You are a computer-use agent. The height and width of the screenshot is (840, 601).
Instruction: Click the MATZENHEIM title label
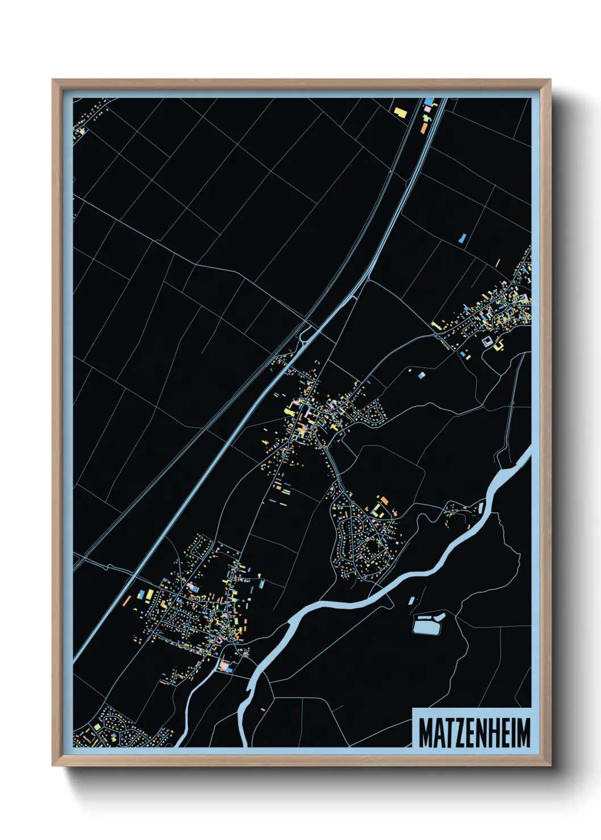pos(474,733)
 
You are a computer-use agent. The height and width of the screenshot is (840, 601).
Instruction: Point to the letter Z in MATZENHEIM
pos(457,733)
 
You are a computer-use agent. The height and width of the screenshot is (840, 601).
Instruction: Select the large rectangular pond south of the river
pos(427,625)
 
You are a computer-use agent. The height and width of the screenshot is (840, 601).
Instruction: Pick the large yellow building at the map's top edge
pos(401,112)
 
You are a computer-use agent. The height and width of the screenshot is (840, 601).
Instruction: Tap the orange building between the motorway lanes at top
pos(424,128)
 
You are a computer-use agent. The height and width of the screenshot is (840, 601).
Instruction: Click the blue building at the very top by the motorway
pos(429,102)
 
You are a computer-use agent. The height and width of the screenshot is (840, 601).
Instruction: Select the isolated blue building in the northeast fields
pos(462,238)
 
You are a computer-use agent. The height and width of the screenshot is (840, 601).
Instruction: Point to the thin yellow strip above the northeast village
pos(498,263)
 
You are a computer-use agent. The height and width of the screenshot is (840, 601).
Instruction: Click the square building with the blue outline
pos(487,342)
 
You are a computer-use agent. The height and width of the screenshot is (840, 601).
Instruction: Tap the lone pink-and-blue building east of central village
pos(421,375)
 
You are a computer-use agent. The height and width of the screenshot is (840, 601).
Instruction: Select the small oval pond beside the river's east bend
pos(481,507)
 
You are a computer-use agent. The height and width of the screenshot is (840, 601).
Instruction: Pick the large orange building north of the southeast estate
pos(384,500)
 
